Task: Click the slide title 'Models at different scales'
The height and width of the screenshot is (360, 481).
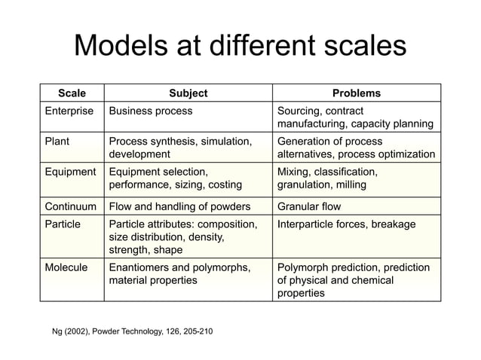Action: click(x=240, y=47)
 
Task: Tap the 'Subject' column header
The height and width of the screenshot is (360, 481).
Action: click(x=188, y=93)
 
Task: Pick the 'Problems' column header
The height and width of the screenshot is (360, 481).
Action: click(x=357, y=93)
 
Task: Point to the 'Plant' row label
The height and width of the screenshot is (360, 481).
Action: click(x=59, y=141)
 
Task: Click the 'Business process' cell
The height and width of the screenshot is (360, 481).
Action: click(x=151, y=111)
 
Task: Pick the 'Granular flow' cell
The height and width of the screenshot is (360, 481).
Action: click(x=309, y=206)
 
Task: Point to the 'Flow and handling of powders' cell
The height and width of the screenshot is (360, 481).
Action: click(x=180, y=206)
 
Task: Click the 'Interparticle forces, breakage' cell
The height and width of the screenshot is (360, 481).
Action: click(x=351, y=224)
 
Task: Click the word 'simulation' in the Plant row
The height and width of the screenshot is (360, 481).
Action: click(x=220, y=141)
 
